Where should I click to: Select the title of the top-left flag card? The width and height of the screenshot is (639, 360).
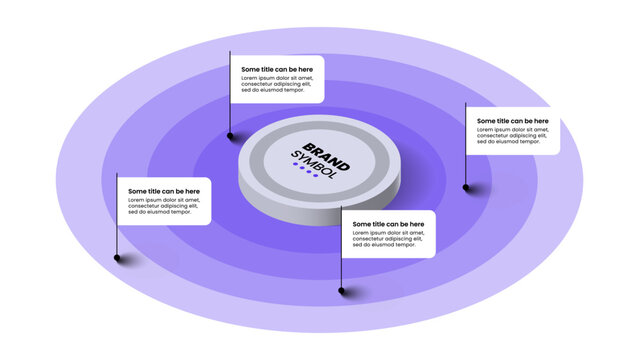(x=276, y=69)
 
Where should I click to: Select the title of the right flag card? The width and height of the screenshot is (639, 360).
(x=512, y=121)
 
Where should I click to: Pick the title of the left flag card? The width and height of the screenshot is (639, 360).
(x=163, y=191)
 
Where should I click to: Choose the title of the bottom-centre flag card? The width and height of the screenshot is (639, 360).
(x=388, y=224)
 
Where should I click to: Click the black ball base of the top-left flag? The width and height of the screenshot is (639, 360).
(x=231, y=135)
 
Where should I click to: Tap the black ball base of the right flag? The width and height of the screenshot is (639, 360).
(x=466, y=186)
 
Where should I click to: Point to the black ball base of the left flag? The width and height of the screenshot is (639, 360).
(x=118, y=257)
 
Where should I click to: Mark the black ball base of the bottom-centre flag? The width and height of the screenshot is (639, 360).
(x=343, y=291)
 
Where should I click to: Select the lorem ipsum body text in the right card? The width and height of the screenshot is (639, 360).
(x=512, y=135)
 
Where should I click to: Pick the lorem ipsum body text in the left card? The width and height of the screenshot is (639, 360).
(x=163, y=205)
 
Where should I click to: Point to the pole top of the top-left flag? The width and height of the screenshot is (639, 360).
(x=230, y=53)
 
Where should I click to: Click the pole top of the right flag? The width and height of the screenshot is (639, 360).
(x=466, y=104)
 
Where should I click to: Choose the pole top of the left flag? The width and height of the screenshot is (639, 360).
(x=118, y=174)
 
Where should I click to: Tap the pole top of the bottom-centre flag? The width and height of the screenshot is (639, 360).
(x=343, y=208)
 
